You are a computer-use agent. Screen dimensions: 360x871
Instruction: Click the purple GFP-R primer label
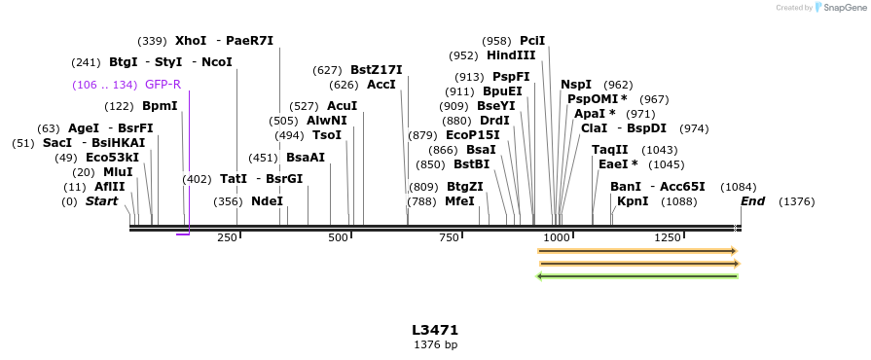point(163,85)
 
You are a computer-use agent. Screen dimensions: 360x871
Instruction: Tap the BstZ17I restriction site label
point(376,70)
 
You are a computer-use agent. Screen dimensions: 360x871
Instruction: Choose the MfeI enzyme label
point(459,201)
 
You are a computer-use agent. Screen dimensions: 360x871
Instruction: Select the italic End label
point(752,201)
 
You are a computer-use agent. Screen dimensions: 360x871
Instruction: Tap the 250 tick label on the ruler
point(227,237)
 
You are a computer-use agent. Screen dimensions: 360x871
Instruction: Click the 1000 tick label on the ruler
point(556,237)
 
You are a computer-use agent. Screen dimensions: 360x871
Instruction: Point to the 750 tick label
point(449,237)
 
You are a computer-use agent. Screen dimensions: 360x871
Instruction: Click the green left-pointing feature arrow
point(637,276)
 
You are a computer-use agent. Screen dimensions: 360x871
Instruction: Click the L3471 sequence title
point(435,331)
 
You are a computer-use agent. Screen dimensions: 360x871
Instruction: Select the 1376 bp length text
point(435,345)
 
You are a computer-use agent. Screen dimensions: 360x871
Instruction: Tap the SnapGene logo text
point(844,8)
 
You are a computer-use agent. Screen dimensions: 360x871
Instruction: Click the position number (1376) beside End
point(797,201)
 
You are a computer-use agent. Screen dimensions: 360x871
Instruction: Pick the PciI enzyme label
point(532,41)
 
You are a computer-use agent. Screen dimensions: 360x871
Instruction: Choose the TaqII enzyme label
point(609,150)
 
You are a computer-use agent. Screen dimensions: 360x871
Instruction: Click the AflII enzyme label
point(109,187)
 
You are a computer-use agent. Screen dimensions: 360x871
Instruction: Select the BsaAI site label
point(306,158)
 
